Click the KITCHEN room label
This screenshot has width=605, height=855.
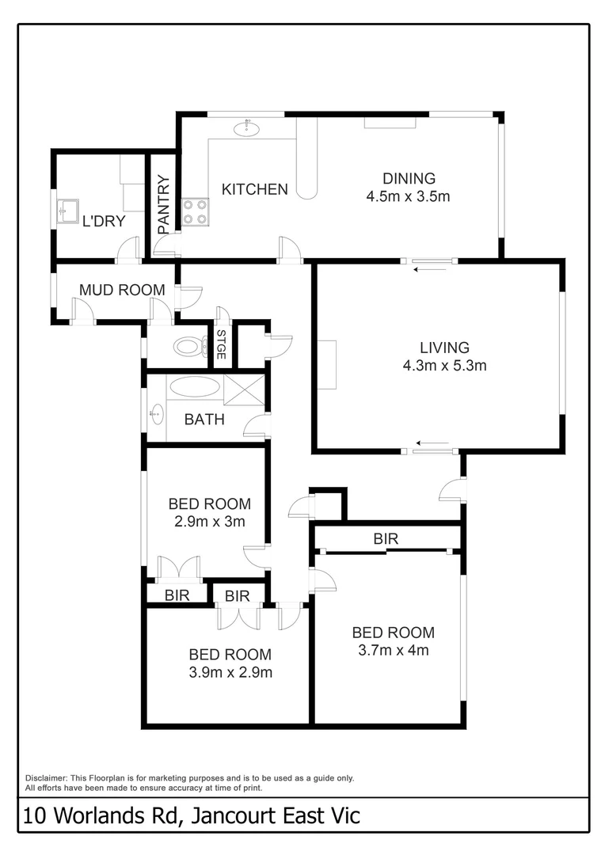(x=253, y=189)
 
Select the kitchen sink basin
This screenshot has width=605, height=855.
(x=249, y=127)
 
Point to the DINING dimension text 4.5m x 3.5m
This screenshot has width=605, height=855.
(x=408, y=197)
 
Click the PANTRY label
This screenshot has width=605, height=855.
(x=163, y=204)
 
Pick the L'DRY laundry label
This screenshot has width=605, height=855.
(x=104, y=222)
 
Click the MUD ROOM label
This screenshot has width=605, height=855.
(x=122, y=291)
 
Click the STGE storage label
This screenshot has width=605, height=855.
(x=221, y=345)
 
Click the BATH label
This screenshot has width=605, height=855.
(x=204, y=420)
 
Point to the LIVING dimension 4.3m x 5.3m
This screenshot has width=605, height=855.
(x=444, y=366)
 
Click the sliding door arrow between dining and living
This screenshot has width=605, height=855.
(x=428, y=269)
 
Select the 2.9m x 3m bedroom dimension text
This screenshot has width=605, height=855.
(x=209, y=522)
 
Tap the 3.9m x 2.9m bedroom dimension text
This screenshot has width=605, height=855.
(x=230, y=673)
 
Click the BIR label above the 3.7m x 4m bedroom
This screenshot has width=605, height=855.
(x=386, y=539)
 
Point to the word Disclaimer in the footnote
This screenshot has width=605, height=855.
(x=48, y=778)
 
